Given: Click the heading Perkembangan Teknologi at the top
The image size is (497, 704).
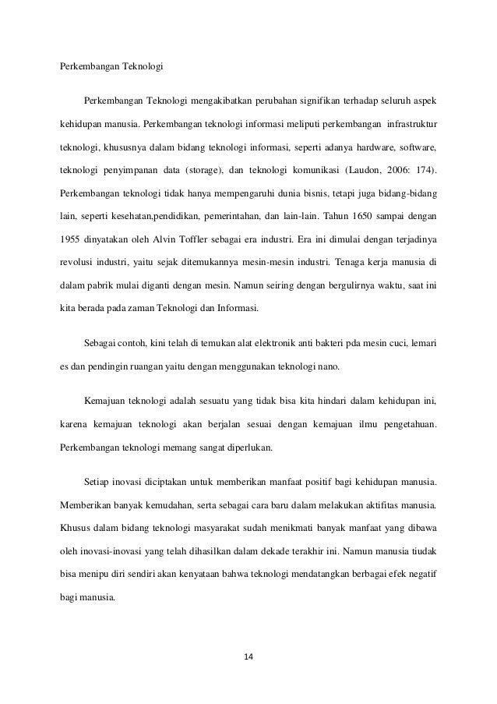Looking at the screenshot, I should coord(111,66).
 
